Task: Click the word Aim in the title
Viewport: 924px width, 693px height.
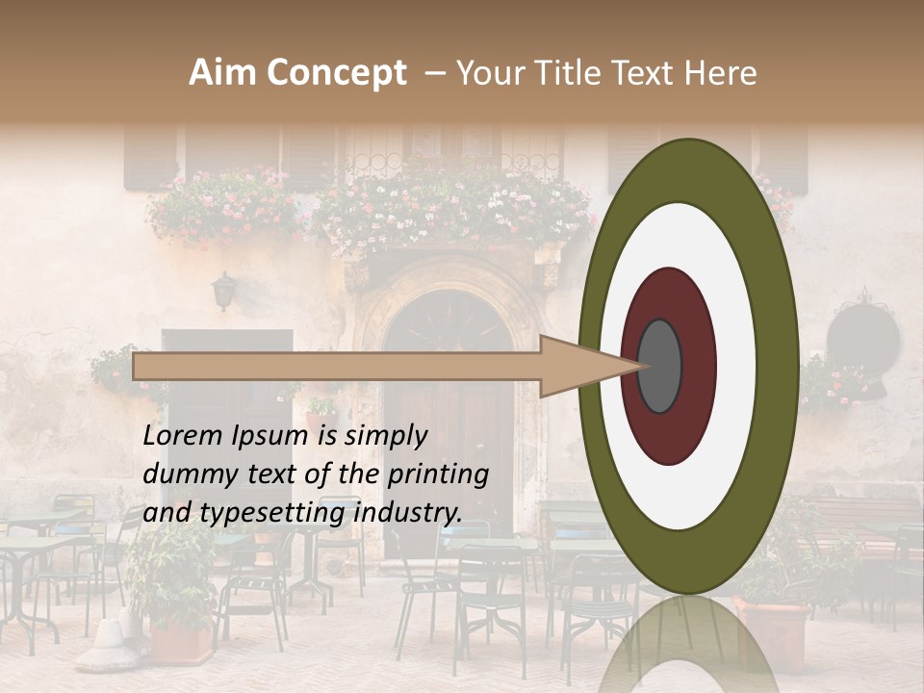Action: pyautogui.click(x=223, y=73)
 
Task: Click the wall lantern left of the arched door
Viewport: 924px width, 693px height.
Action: pyautogui.click(x=224, y=290)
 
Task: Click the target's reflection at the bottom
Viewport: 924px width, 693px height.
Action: pyautogui.click(x=688, y=645)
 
